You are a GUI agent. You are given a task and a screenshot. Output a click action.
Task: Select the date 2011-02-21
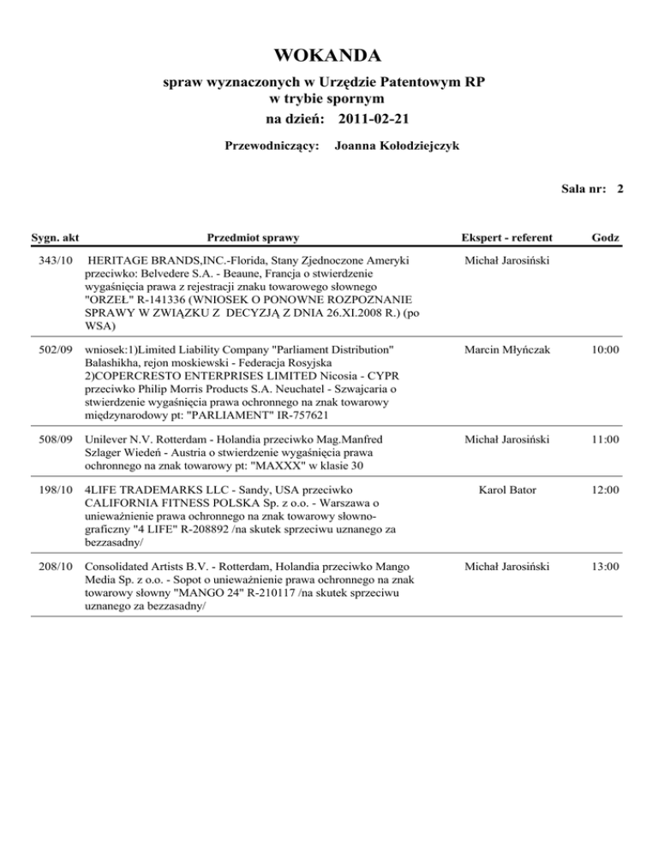pos(380,116)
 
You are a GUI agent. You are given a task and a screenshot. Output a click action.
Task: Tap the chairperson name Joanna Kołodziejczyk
pos(398,146)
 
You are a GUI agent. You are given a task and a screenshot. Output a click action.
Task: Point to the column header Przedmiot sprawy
pos(254,235)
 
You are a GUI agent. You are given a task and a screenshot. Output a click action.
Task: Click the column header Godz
pos(612,235)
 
